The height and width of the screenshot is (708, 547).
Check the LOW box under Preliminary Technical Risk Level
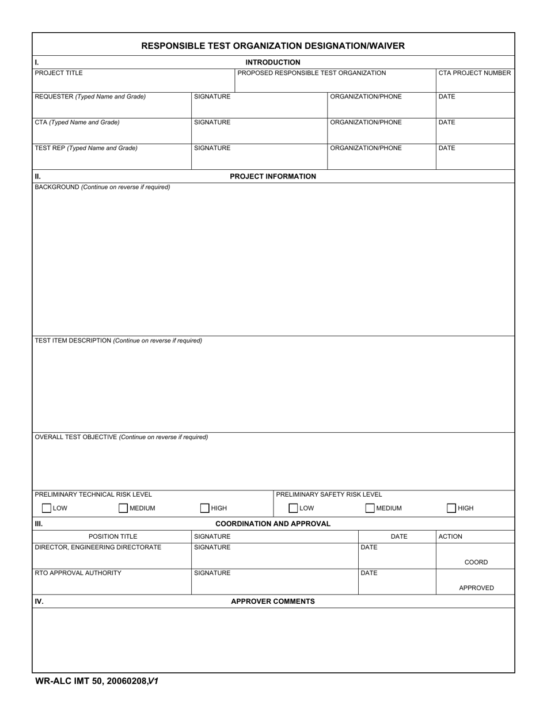[x=47, y=508]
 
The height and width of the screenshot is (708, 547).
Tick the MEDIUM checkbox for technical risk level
[x=123, y=508]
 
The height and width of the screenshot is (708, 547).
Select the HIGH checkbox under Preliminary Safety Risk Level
[x=452, y=508]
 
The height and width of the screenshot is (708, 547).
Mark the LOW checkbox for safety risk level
[x=293, y=508]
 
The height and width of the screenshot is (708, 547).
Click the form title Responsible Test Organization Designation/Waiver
[x=273, y=46]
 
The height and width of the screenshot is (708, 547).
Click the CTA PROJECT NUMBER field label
[x=474, y=73]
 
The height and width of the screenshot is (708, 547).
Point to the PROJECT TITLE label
[x=59, y=73]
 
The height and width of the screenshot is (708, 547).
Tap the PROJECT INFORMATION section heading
[x=273, y=177]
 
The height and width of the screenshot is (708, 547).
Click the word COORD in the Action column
[x=476, y=562]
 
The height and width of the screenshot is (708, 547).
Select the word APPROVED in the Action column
[x=476, y=588]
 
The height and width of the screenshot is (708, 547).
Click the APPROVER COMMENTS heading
[x=273, y=602]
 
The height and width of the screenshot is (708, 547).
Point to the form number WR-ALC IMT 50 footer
[x=97, y=682]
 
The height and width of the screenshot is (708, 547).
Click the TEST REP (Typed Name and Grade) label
[x=86, y=148]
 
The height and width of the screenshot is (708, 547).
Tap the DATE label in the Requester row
[x=447, y=97]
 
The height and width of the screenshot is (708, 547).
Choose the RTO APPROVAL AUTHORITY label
[x=78, y=573]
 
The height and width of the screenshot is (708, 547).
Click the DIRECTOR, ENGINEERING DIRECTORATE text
[x=98, y=547]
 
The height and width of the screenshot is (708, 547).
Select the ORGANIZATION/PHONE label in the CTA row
[x=366, y=123]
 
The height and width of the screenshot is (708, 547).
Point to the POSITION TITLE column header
[x=113, y=536]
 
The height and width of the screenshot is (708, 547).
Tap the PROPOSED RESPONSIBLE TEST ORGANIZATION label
[x=312, y=73]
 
